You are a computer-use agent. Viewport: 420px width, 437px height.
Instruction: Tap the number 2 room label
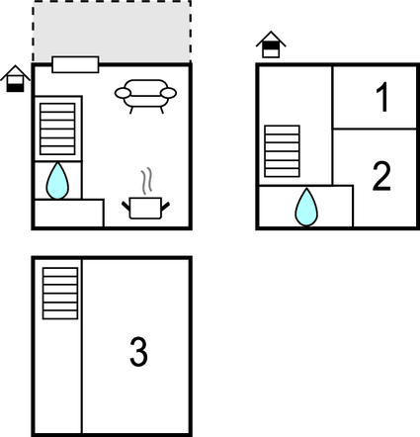(x=381, y=176)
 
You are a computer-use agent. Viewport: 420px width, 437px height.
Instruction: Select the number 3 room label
(x=138, y=351)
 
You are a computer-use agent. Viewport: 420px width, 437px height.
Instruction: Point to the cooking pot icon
(x=145, y=208)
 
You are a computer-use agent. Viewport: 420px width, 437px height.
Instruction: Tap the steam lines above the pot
(x=147, y=181)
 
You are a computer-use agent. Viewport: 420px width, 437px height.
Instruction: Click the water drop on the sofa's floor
(x=57, y=181)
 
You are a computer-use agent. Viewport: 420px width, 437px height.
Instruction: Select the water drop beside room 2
(x=306, y=208)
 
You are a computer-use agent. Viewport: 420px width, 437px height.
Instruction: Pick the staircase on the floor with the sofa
(x=57, y=129)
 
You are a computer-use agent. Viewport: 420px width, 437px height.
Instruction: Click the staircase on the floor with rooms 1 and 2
(x=282, y=151)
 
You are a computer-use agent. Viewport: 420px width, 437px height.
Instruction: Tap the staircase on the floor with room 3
(x=60, y=294)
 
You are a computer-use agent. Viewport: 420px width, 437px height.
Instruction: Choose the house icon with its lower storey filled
(x=15, y=79)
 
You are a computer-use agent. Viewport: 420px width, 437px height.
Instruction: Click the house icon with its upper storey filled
(x=271, y=44)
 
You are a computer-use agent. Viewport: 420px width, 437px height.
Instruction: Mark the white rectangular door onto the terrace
(x=75, y=64)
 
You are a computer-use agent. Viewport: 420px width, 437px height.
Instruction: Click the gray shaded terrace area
(x=112, y=32)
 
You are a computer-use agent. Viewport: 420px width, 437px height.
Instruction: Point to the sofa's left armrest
(x=123, y=93)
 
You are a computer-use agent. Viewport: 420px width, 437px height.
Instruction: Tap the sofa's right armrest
(x=169, y=93)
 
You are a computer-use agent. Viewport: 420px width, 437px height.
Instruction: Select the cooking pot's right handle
(x=165, y=207)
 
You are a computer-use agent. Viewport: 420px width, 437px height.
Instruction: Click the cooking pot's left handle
(x=126, y=206)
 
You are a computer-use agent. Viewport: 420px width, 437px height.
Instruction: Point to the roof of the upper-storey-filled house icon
(x=271, y=39)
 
